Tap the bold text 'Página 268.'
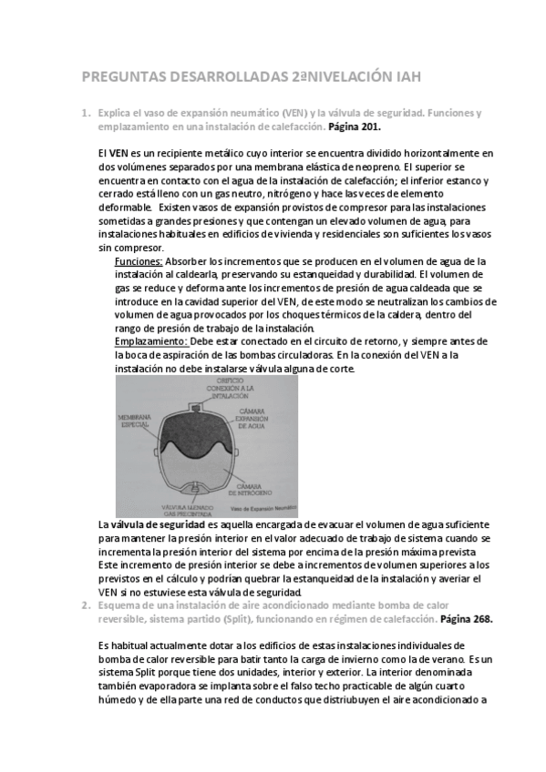click(x=466, y=618)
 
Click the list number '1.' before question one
click(x=85, y=113)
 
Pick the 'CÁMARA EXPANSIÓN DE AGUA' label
click(x=268, y=420)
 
